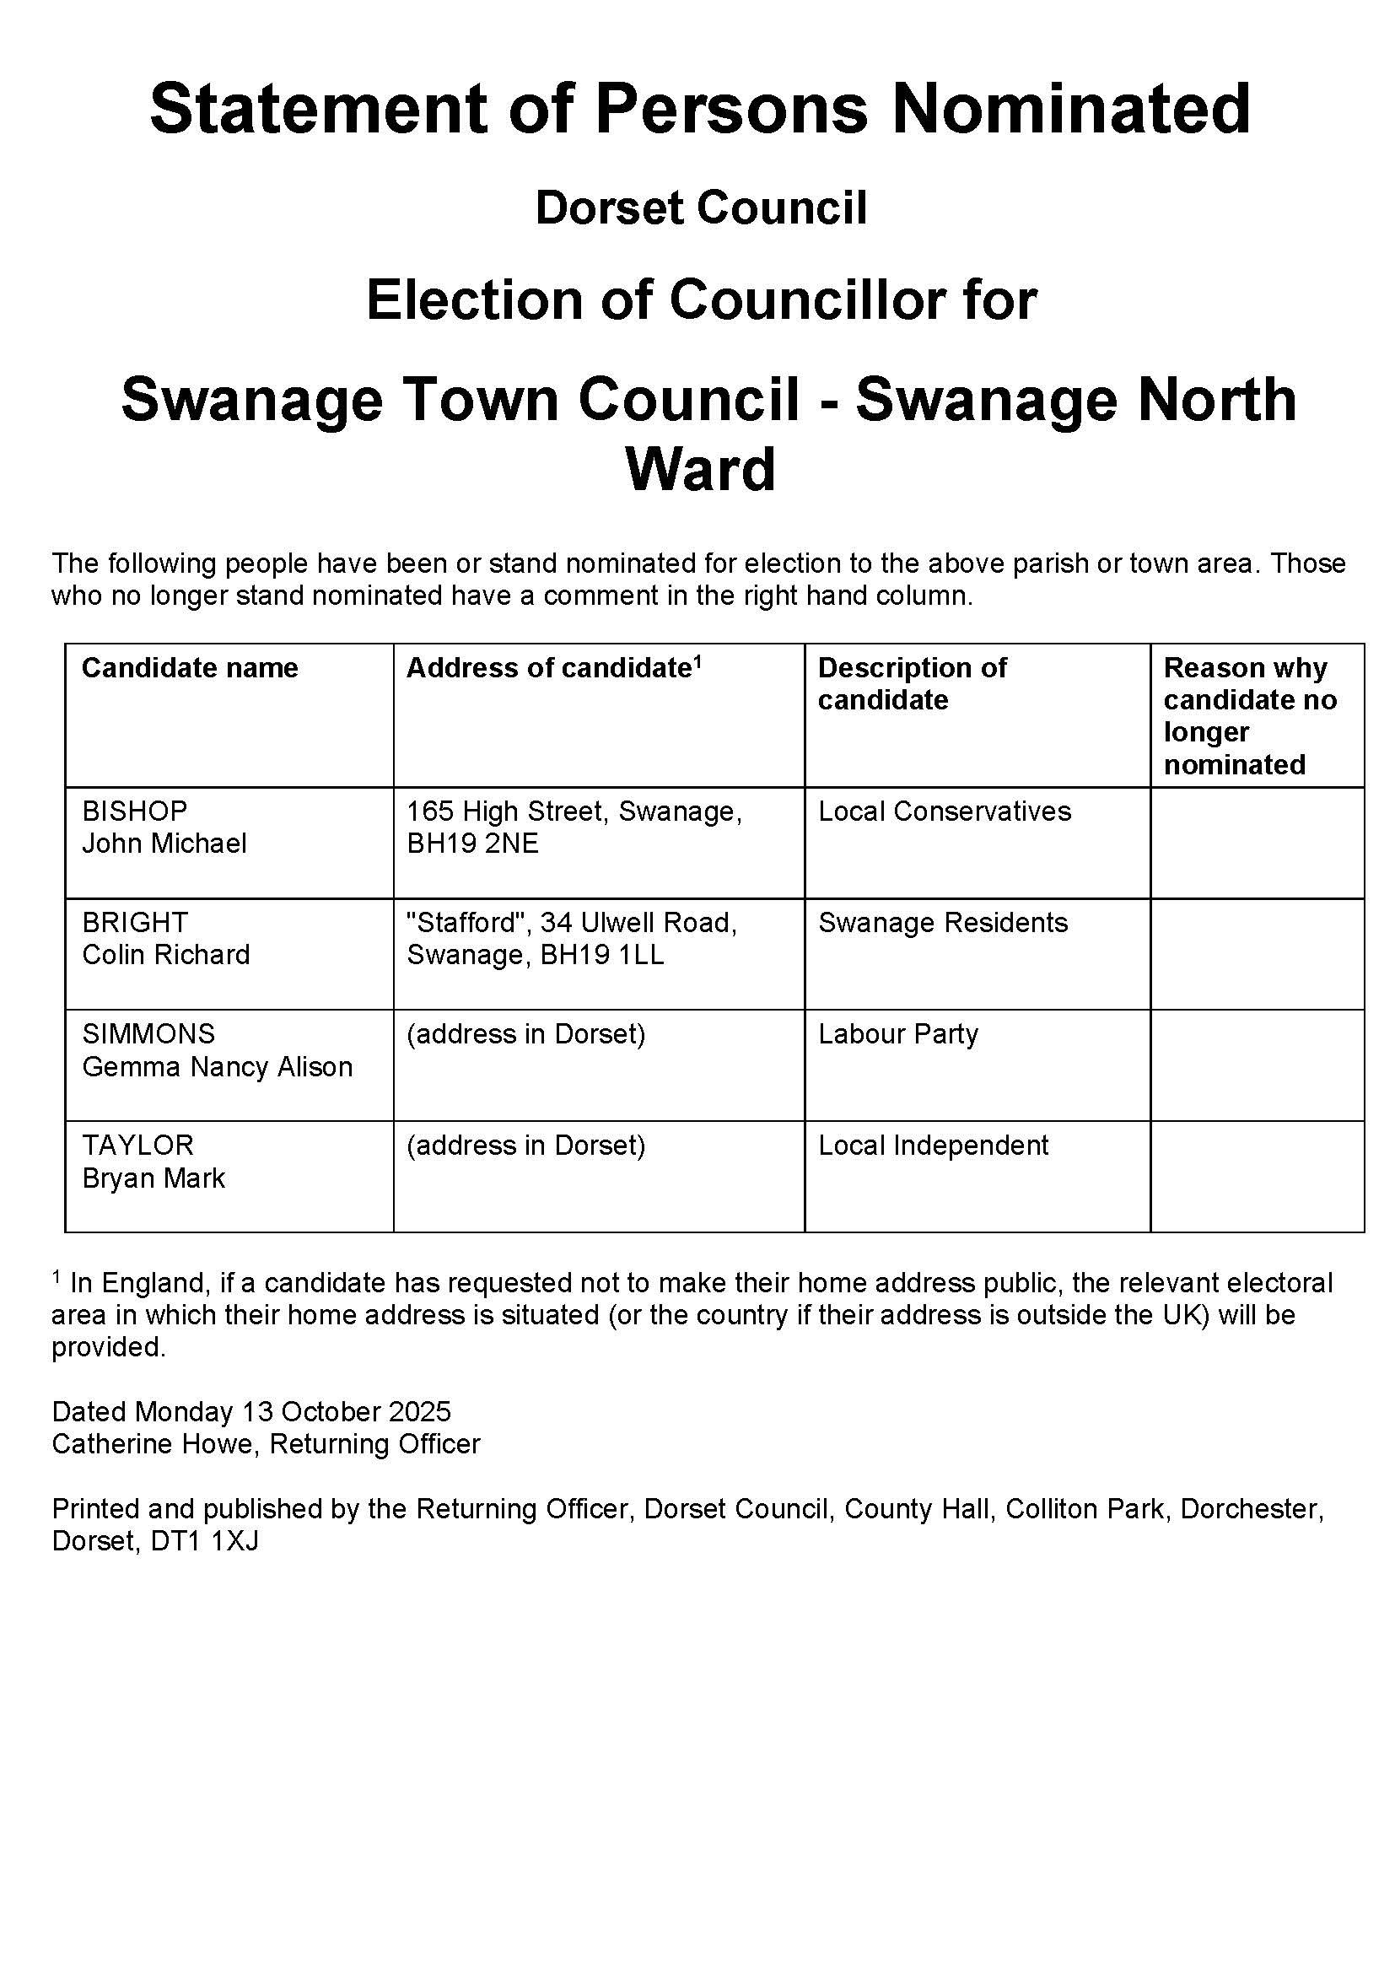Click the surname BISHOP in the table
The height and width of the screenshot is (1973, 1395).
click(x=134, y=811)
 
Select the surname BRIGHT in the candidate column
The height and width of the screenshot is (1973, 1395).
click(x=135, y=922)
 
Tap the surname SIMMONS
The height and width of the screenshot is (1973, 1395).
click(x=148, y=1033)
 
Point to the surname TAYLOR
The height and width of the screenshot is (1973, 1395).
click(x=137, y=1145)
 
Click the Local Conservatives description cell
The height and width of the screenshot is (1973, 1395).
click(x=944, y=811)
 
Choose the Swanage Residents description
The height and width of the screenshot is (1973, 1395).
click(x=942, y=922)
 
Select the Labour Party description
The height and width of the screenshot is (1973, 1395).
click(x=897, y=1033)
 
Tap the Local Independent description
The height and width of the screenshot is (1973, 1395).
click(x=933, y=1145)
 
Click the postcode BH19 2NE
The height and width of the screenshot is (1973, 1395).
click(x=472, y=844)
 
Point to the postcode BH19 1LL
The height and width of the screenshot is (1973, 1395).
click(x=601, y=955)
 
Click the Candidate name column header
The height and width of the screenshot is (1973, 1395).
click(x=189, y=668)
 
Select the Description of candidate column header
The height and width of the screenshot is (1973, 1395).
click(x=912, y=683)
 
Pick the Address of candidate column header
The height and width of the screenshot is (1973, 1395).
click(x=553, y=668)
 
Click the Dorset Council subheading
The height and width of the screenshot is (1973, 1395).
click(x=701, y=208)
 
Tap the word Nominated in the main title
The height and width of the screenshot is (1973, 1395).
click(x=1070, y=109)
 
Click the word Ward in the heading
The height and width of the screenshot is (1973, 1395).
click(x=700, y=469)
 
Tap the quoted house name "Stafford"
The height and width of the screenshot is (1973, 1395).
click(x=466, y=922)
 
